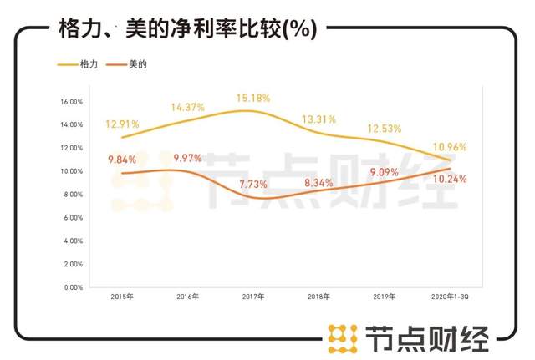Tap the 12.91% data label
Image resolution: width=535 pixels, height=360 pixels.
122,124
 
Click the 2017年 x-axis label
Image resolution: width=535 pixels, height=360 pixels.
253,297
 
